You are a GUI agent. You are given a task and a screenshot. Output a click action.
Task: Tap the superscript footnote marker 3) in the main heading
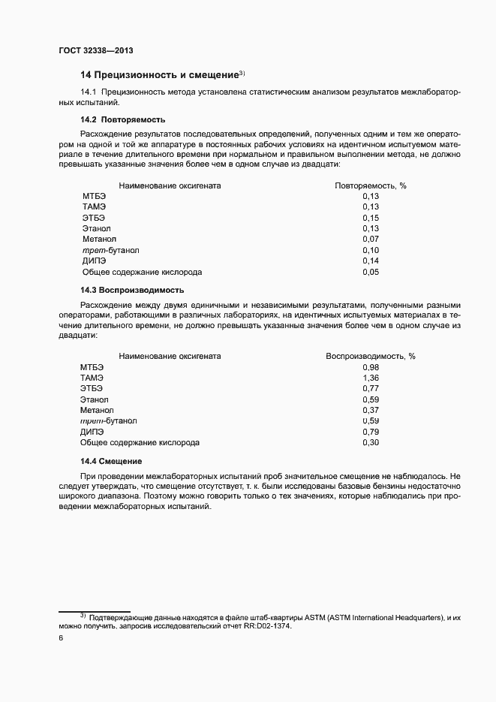tap(242, 73)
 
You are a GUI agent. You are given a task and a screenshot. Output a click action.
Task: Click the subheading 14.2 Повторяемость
tap(123, 120)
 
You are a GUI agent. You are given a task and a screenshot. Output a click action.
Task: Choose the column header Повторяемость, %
tap(370, 185)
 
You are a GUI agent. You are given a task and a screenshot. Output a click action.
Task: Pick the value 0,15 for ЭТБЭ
tap(371, 218)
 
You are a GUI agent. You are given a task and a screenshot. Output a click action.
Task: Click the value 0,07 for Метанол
tap(371, 240)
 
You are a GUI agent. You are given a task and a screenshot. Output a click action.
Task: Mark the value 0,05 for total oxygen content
tap(371, 272)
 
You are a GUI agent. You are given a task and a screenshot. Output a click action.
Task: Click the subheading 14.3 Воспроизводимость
tap(132, 290)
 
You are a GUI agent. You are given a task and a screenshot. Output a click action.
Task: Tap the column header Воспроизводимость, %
tap(370, 356)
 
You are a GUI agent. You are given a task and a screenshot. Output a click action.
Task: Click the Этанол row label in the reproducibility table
tap(94, 399)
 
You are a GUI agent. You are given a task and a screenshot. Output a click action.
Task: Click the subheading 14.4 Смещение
tap(111, 460)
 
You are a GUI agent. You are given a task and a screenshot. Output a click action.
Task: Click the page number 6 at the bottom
tap(61, 638)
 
